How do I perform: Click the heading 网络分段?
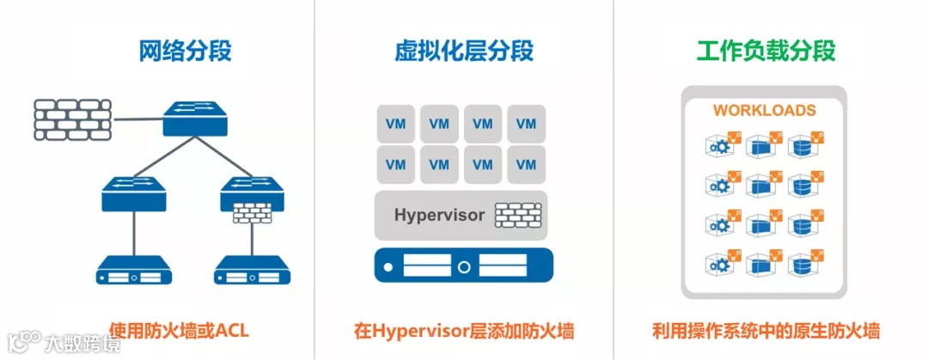click(x=185, y=51)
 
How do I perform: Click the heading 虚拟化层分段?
click(x=464, y=51)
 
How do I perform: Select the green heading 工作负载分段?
click(x=765, y=51)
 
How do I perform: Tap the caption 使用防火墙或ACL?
click(x=179, y=331)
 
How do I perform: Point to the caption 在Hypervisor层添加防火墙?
click(x=464, y=331)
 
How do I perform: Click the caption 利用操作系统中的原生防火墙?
click(x=765, y=331)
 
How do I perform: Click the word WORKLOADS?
click(x=765, y=111)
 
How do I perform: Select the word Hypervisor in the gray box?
click(x=439, y=214)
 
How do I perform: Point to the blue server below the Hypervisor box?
click(x=463, y=265)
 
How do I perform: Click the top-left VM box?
click(x=396, y=124)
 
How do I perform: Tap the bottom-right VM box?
click(x=526, y=163)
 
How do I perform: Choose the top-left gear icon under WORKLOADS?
click(x=720, y=144)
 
